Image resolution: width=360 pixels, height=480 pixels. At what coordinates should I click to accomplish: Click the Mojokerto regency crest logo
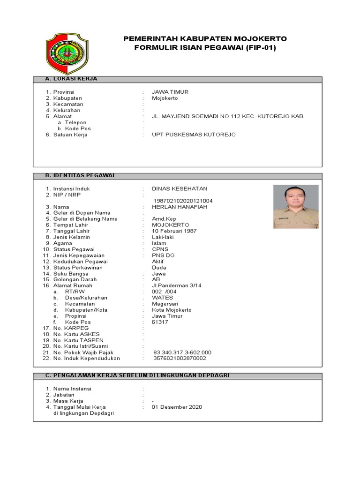(66, 51)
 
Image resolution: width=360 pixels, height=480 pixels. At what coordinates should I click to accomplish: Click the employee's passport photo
(296, 206)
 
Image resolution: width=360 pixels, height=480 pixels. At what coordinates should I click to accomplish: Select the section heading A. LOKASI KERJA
(71, 79)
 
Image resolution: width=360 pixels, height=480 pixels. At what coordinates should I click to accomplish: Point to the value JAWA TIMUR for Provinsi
(170, 92)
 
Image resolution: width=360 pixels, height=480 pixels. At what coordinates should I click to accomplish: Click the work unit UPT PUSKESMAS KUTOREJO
(194, 135)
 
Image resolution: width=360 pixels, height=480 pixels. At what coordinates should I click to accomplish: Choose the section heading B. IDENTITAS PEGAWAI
(79, 175)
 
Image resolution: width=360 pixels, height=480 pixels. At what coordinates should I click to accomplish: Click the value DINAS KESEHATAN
(180, 189)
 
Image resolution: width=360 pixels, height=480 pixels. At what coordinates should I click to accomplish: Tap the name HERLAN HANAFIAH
(179, 207)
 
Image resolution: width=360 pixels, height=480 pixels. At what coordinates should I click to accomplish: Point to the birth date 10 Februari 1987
(174, 231)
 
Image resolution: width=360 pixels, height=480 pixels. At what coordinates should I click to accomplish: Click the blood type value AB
(156, 279)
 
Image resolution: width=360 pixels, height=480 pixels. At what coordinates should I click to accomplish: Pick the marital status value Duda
(159, 268)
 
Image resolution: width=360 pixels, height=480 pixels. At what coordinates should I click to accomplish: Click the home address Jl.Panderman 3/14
(176, 285)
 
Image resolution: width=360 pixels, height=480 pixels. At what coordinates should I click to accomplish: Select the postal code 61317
(160, 322)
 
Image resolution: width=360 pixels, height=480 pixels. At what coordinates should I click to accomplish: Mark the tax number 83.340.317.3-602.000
(182, 352)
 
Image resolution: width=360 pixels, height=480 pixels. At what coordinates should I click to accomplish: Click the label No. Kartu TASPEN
(78, 340)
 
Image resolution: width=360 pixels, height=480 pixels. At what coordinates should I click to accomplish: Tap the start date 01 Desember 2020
(177, 407)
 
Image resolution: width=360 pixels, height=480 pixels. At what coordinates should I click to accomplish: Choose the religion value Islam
(159, 243)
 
